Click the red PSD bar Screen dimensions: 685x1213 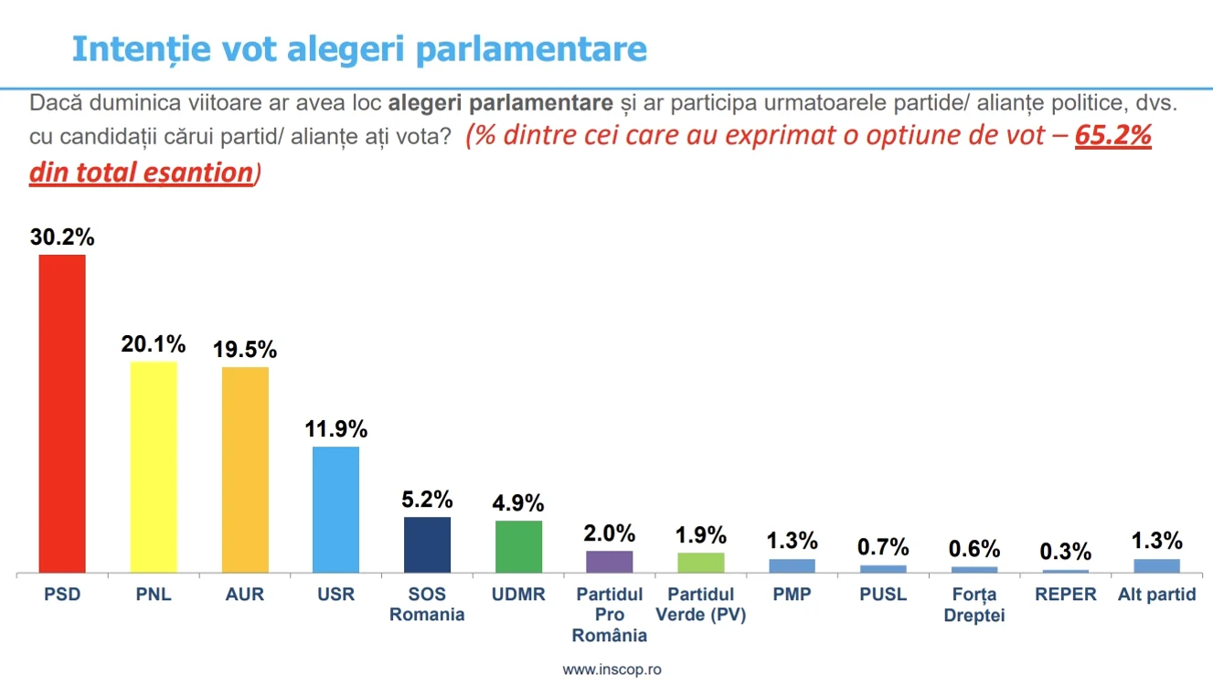(x=62, y=413)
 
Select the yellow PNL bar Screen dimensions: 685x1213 (x=154, y=467)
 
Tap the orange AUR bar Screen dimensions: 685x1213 (x=245, y=469)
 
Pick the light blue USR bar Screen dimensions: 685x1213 (x=335, y=509)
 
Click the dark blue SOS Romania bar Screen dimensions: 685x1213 (x=427, y=544)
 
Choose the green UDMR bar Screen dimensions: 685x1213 (x=518, y=546)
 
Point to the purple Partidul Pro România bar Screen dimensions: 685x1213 (x=610, y=561)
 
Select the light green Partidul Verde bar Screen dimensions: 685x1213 (x=701, y=562)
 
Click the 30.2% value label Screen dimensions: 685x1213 (x=62, y=237)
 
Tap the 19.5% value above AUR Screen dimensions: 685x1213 (x=245, y=350)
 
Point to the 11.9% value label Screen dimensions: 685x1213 (x=335, y=428)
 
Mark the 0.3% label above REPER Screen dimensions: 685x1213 (x=1065, y=552)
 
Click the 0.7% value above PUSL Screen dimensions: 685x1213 (x=883, y=547)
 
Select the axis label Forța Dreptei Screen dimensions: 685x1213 (x=974, y=605)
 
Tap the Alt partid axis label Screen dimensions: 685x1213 (x=1156, y=595)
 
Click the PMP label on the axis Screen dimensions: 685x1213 (x=792, y=595)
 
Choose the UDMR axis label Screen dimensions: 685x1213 (x=518, y=595)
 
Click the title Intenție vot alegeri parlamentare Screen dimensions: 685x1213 (x=359, y=49)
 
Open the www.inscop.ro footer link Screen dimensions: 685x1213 (x=612, y=669)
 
